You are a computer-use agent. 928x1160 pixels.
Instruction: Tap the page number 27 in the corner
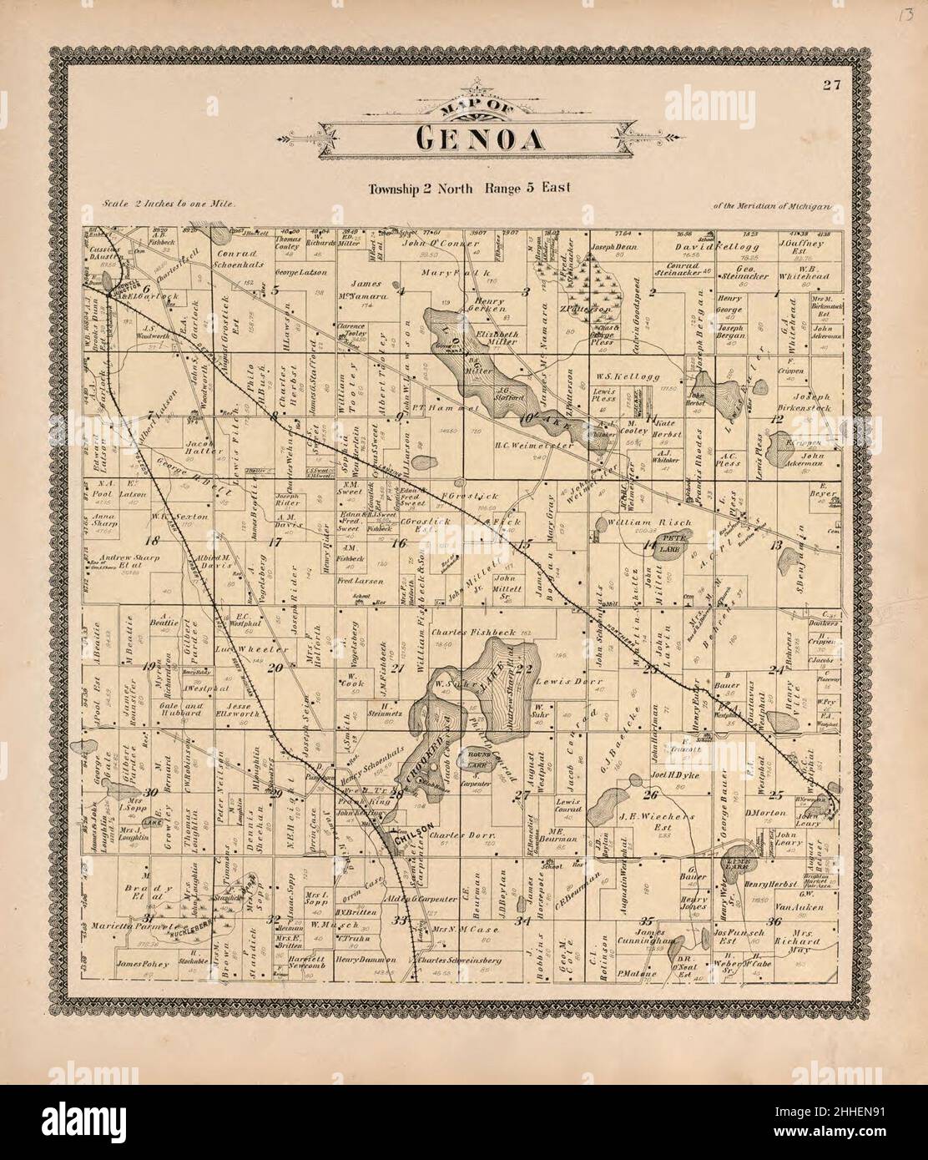point(830,83)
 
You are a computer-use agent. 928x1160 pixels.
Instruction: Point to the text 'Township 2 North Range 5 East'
point(469,188)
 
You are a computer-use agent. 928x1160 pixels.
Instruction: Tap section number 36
point(774,921)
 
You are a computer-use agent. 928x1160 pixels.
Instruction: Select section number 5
point(273,291)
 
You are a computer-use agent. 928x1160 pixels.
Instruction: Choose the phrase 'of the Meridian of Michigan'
point(773,205)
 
